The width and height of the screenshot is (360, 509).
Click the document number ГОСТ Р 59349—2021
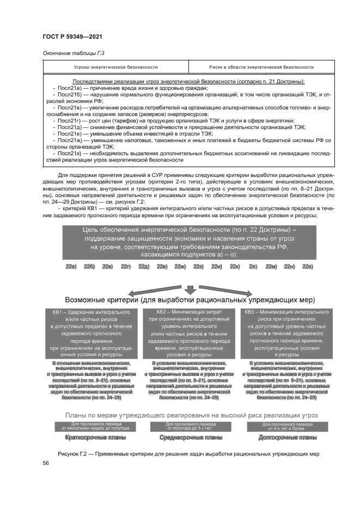[x=72, y=36]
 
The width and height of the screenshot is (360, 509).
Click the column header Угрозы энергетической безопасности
[x=115, y=67]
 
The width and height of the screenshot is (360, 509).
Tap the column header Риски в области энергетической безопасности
[x=261, y=67]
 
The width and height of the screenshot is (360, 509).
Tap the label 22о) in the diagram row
[x=308, y=266]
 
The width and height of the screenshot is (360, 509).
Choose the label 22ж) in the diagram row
[x=180, y=266]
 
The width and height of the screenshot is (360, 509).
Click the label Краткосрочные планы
[x=95, y=438]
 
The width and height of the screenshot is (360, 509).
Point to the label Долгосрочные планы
[x=288, y=438]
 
